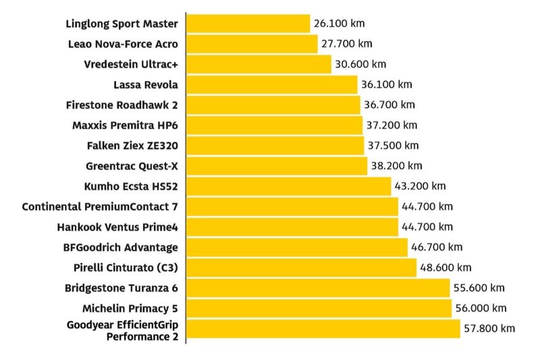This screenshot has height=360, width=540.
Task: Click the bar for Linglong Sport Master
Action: tap(248, 24)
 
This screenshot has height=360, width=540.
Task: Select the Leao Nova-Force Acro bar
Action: tap(252, 44)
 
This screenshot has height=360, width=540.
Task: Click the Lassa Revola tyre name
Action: tap(146, 84)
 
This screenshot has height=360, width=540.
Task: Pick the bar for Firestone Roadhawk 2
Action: tap(273, 105)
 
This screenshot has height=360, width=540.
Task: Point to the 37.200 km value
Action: tap(391, 125)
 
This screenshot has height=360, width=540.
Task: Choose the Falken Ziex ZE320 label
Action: tap(132, 145)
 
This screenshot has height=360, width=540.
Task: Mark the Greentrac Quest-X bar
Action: tap(277, 165)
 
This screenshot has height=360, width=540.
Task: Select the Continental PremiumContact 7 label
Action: tap(100, 206)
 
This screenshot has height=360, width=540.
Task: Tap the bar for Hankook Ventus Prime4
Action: tap(292, 227)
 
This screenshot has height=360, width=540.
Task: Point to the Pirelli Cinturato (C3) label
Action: tap(126, 267)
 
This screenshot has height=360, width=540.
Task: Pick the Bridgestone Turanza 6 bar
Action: tap(318, 288)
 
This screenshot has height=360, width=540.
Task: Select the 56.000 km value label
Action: tap(481, 308)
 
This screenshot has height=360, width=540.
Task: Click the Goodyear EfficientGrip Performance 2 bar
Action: tap(323, 329)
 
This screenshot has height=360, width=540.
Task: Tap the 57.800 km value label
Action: tap(489, 329)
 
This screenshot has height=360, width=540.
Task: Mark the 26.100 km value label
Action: tap(340, 24)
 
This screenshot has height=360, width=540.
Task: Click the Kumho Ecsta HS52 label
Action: tap(131, 186)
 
